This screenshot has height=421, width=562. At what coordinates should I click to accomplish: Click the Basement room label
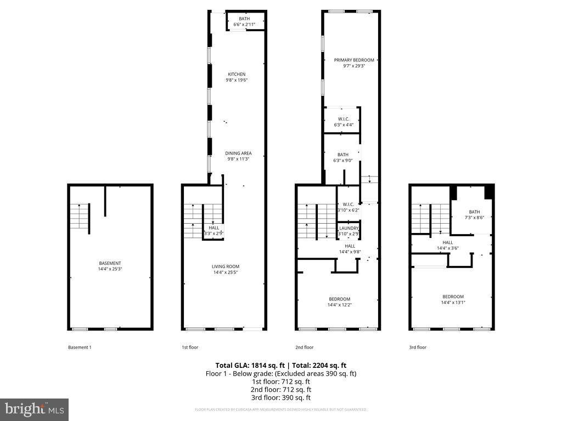(x=110, y=263)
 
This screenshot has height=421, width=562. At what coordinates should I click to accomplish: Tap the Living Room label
(x=226, y=266)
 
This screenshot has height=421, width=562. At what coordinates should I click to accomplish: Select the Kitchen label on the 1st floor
(x=237, y=75)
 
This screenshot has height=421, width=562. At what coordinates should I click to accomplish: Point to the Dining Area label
(x=238, y=153)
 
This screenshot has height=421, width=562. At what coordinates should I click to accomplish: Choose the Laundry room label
(x=349, y=228)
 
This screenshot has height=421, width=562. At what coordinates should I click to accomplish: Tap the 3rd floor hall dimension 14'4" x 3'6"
(x=448, y=248)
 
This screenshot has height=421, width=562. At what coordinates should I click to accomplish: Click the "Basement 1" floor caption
(x=80, y=347)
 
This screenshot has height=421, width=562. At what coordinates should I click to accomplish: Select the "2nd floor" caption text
(x=304, y=347)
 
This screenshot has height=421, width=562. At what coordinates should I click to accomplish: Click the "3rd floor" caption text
(x=418, y=347)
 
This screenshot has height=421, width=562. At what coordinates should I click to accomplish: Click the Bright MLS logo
(x=34, y=409)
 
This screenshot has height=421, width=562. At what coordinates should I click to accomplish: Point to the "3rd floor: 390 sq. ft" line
(x=280, y=397)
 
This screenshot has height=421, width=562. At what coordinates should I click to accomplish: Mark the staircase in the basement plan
(x=80, y=218)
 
